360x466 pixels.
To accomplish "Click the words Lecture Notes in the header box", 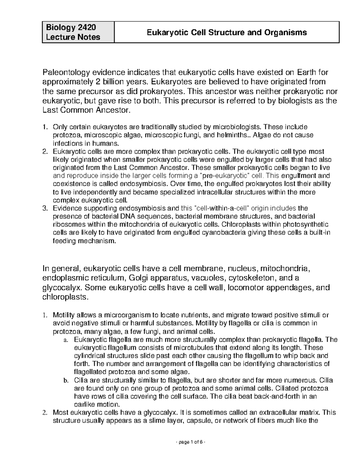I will (x=73, y=37).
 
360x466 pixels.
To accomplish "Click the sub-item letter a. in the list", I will (x=66, y=340).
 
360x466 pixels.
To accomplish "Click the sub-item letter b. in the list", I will (x=66, y=380).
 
